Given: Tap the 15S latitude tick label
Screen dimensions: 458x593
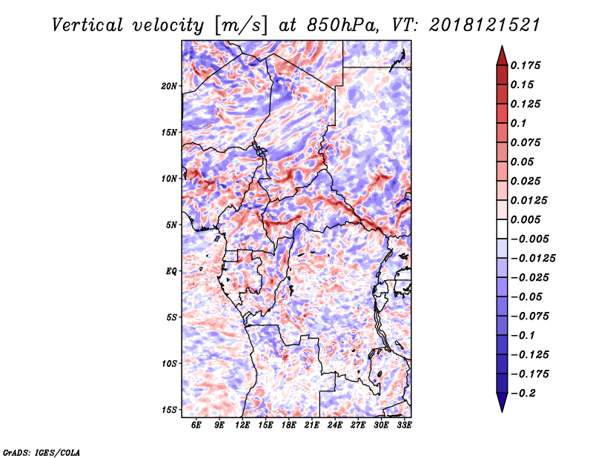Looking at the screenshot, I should [x=170, y=410].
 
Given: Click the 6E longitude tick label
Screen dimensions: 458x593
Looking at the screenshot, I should [x=196, y=425].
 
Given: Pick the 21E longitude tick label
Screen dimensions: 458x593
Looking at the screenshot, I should [x=312, y=425].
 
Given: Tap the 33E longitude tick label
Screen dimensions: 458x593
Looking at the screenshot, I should [x=405, y=425].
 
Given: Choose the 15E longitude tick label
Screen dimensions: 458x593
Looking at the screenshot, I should [x=265, y=425].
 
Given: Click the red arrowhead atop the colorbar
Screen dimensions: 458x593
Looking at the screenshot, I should [x=502, y=55].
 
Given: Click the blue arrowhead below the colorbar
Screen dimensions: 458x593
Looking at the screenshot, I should [x=502, y=403].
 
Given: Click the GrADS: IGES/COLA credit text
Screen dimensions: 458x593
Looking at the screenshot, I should [x=42, y=451].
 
